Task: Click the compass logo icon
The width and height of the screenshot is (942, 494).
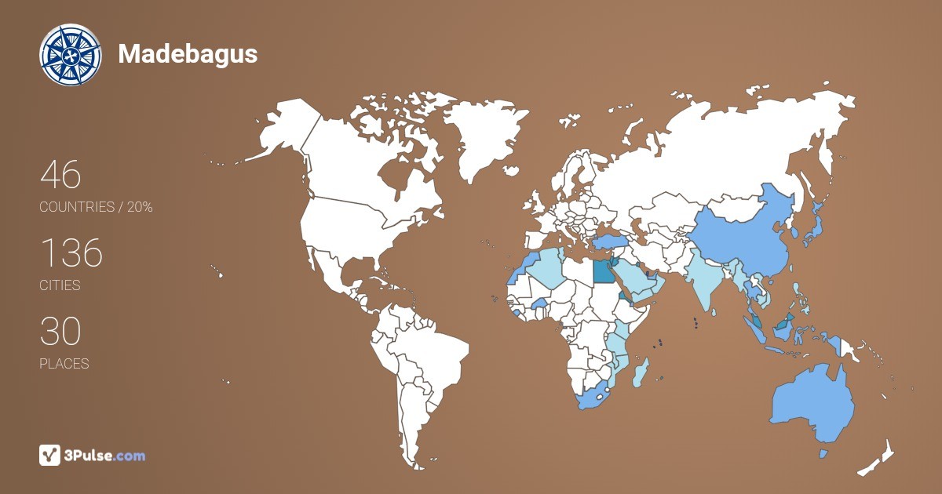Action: point(71,55)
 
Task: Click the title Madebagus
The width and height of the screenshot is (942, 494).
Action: point(188,54)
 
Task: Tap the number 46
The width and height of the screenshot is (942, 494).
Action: point(60,175)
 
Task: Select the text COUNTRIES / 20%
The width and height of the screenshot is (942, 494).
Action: point(96,207)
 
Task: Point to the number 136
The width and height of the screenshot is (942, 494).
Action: point(71,253)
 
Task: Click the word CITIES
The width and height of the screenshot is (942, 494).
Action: point(60,285)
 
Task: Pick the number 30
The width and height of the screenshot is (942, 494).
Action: point(60,332)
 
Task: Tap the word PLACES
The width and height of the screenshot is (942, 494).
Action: point(64,364)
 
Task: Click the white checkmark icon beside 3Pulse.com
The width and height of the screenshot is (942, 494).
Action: point(50,455)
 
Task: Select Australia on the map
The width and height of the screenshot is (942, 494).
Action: point(812,404)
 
